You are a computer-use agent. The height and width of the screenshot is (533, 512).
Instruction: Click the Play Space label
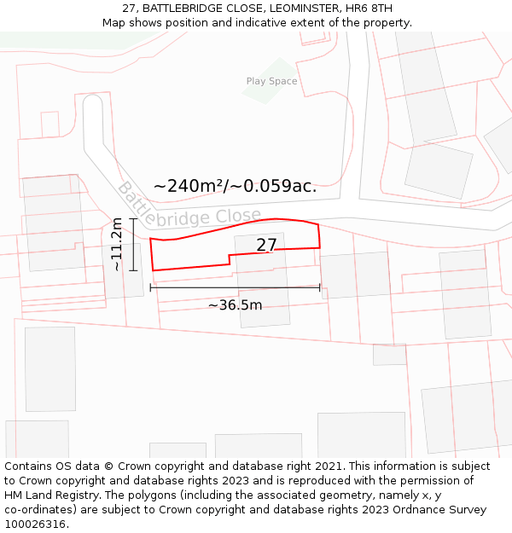tap(271, 82)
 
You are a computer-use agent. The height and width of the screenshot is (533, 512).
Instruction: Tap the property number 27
tap(266, 246)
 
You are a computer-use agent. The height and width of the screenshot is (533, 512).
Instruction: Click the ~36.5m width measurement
tap(235, 304)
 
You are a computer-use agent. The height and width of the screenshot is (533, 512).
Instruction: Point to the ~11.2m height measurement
tap(117, 244)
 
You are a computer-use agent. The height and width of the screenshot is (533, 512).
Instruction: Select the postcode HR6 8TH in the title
tap(369, 9)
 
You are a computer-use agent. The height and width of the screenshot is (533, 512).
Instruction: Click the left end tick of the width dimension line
tap(151, 287)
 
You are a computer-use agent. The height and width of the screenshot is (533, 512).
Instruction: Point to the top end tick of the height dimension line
tap(133, 218)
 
